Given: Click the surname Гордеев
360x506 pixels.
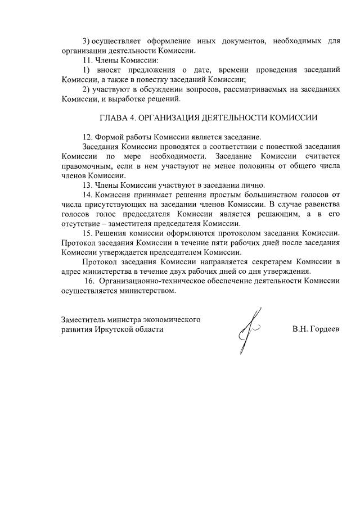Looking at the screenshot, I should (x=325, y=329).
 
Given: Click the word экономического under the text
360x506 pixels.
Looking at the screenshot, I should (x=171, y=319).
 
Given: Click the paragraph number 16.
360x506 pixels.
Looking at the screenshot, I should (x=89, y=280).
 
